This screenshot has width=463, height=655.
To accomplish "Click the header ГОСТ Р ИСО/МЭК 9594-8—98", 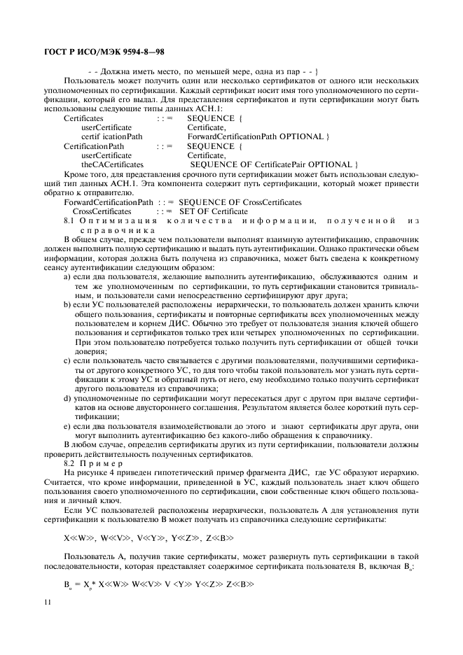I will [104, 52].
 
